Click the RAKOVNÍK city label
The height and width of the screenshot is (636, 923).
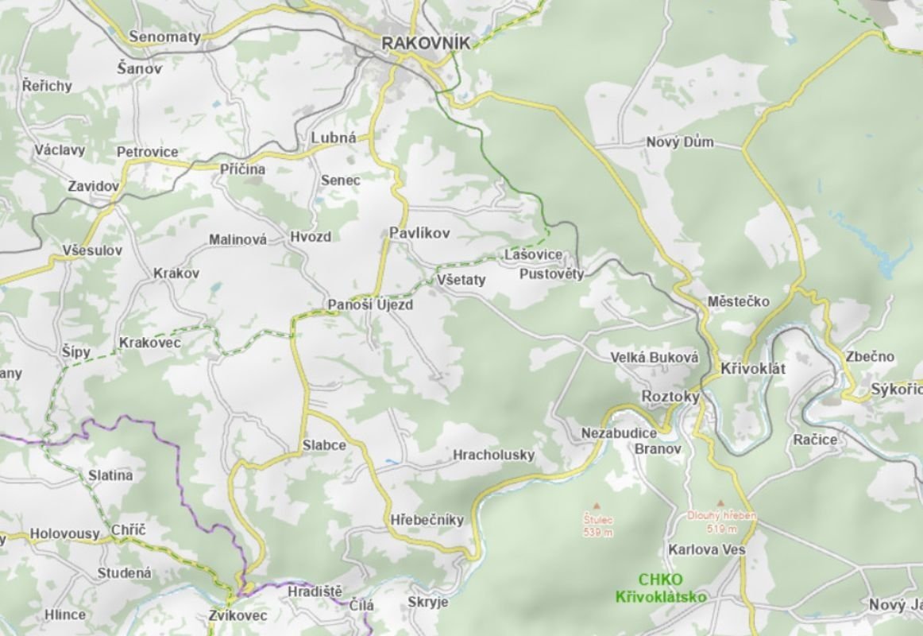click(426, 43)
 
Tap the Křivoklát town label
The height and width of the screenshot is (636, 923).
click(752, 369)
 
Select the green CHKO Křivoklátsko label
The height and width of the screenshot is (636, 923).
click(660, 588)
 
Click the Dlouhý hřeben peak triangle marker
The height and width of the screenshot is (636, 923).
click(720, 502)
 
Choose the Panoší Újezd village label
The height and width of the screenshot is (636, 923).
click(370, 305)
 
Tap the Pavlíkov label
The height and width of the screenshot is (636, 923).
click(419, 233)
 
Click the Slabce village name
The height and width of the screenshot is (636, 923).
click(324, 445)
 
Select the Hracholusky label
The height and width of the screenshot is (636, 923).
click(493, 456)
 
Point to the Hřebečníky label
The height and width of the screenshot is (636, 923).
click(427, 520)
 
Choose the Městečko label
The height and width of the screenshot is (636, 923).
click(739, 302)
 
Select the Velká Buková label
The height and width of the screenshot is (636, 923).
click(655, 358)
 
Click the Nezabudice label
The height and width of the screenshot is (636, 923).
click(619, 433)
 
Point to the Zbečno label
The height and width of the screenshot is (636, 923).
click(870, 357)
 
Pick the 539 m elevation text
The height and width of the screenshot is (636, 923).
click(598, 532)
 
